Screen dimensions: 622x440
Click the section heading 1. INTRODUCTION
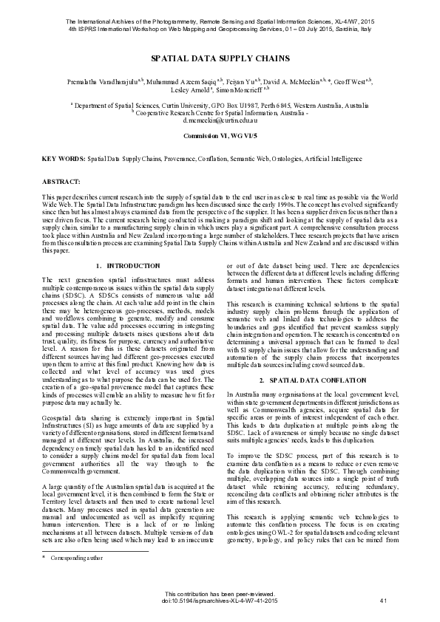pyautogui.click(x=128, y=265)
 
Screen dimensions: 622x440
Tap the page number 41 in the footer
pyautogui.click(x=383, y=602)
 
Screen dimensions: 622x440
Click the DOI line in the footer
pyautogui.click(x=220, y=602)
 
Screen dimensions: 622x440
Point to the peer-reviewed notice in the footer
pyautogui.click(x=220, y=595)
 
